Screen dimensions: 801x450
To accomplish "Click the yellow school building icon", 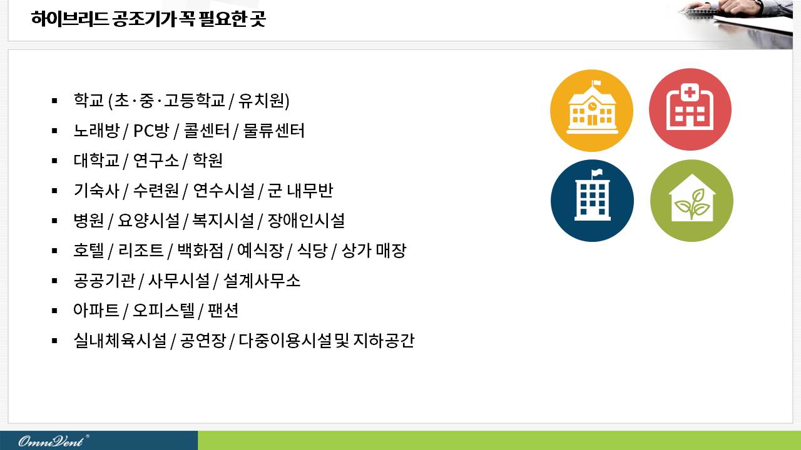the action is [x=591, y=111].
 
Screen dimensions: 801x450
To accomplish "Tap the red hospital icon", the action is [x=690, y=109].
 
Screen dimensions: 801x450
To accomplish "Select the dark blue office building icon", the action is [x=592, y=201].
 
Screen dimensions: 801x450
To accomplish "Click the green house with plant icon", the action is [x=691, y=201].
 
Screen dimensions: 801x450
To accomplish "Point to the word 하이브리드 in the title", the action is [x=69, y=19].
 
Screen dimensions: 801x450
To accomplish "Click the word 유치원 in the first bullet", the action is [x=264, y=101].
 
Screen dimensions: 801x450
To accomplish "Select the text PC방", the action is [x=151, y=131].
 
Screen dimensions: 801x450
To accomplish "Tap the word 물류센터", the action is [x=273, y=131].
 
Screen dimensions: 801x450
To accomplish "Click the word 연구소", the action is [x=156, y=161].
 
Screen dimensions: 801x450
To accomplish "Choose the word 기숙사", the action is [x=96, y=191].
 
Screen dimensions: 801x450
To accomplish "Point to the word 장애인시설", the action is [x=306, y=221].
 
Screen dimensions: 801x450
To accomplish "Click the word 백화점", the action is [x=200, y=251].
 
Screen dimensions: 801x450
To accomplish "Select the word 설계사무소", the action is [x=262, y=281].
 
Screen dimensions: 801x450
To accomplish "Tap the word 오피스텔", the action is [x=164, y=311].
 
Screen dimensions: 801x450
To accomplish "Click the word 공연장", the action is [x=203, y=341].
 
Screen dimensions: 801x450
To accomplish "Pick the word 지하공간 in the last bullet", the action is [x=384, y=341].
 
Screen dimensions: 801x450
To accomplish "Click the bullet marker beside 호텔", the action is [x=54, y=251].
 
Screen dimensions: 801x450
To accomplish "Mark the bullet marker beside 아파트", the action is [x=54, y=311].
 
